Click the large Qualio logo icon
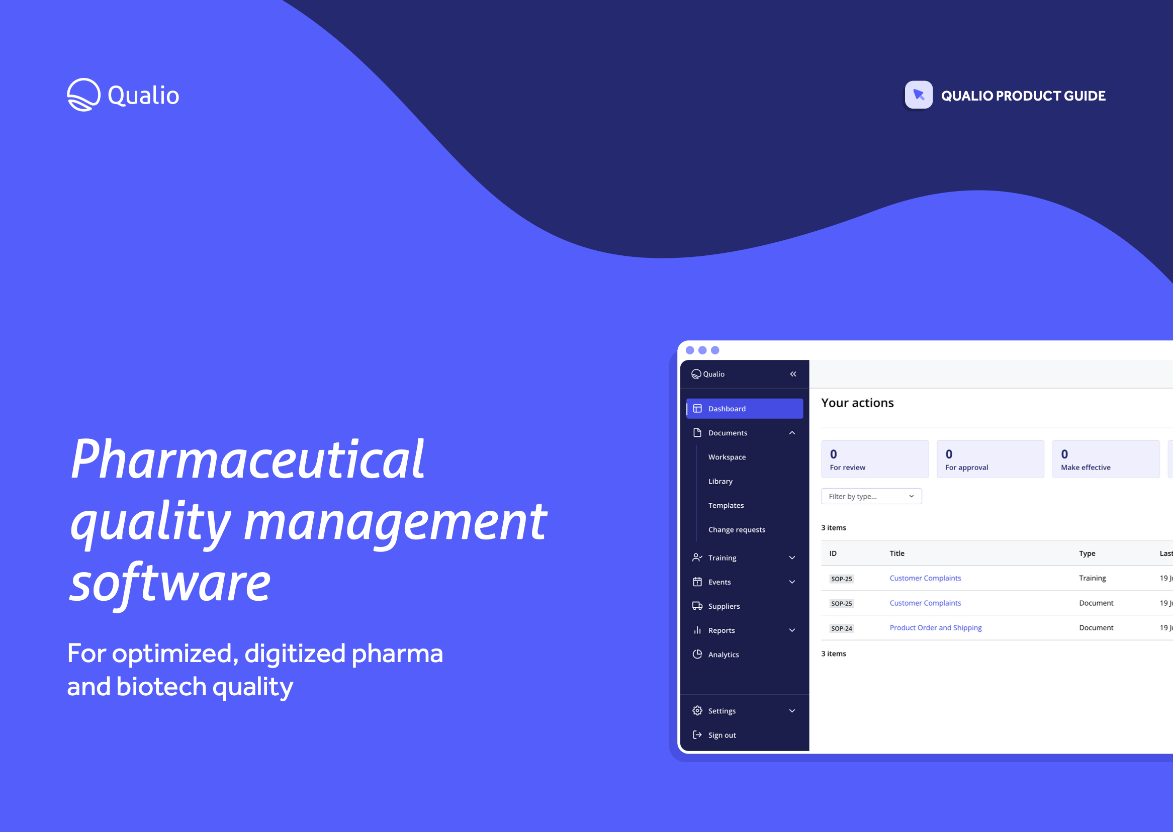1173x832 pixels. (x=83, y=95)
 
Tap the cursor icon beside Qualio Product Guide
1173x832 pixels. (x=919, y=95)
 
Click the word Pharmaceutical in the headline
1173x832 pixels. (x=247, y=459)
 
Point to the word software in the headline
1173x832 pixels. (x=170, y=583)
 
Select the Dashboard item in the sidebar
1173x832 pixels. (x=744, y=408)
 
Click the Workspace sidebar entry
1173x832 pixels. (x=727, y=457)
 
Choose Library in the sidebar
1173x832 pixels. (x=720, y=481)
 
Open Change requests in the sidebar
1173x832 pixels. (x=736, y=529)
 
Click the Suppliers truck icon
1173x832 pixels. (x=697, y=606)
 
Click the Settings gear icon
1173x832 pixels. (x=697, y=710)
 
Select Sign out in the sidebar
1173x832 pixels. (x=721, y=734)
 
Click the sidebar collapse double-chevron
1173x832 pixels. (x=793, y=374)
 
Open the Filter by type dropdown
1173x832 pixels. (x=871, y=496)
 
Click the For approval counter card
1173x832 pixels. (x=989, y=459)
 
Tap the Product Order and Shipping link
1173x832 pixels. (x=935, y=627)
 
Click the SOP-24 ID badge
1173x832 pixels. (x=841, y=628)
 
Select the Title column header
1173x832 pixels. (x=897, y=553)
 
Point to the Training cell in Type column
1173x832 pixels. (x=1092, y=578)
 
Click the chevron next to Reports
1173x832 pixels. (x=792, y=630)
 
